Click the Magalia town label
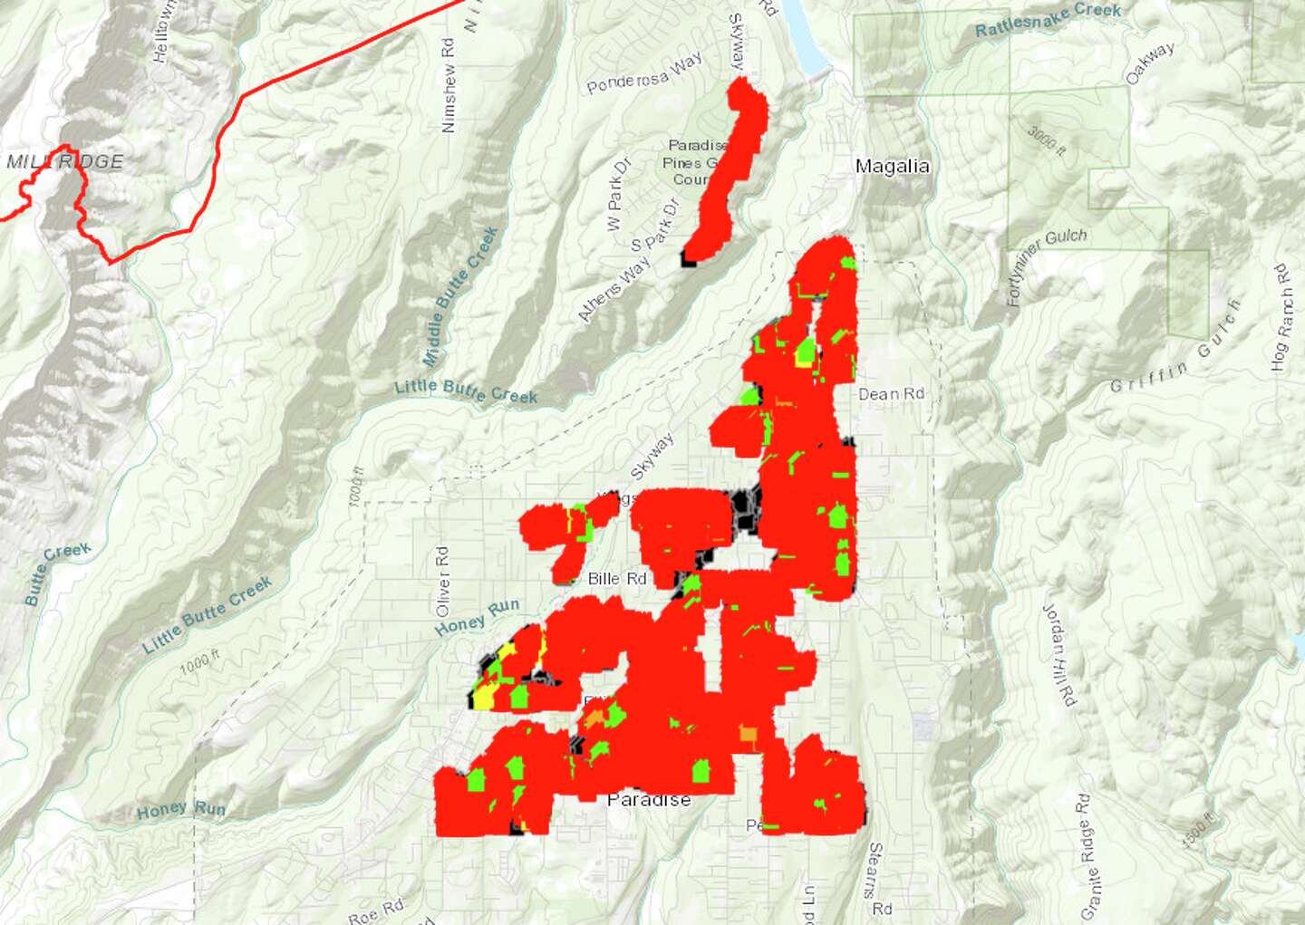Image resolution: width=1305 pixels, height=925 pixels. (892, 166)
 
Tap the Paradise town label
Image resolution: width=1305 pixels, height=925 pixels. (649, 799)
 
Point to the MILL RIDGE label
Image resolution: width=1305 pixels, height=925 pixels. (64, 161)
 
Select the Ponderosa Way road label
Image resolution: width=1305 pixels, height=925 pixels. (643, 73)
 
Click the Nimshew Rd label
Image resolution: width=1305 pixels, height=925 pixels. (448, 85)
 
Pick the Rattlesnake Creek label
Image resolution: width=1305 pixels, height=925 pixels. (1048, 19)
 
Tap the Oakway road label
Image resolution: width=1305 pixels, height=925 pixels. (1150, 63)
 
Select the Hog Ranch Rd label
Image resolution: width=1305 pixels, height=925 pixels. (1280, 317)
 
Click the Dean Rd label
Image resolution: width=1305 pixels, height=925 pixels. (891, 394)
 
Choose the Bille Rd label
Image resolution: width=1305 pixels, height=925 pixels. (617, 578)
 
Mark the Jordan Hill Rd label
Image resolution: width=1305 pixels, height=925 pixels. (1058, 654)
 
